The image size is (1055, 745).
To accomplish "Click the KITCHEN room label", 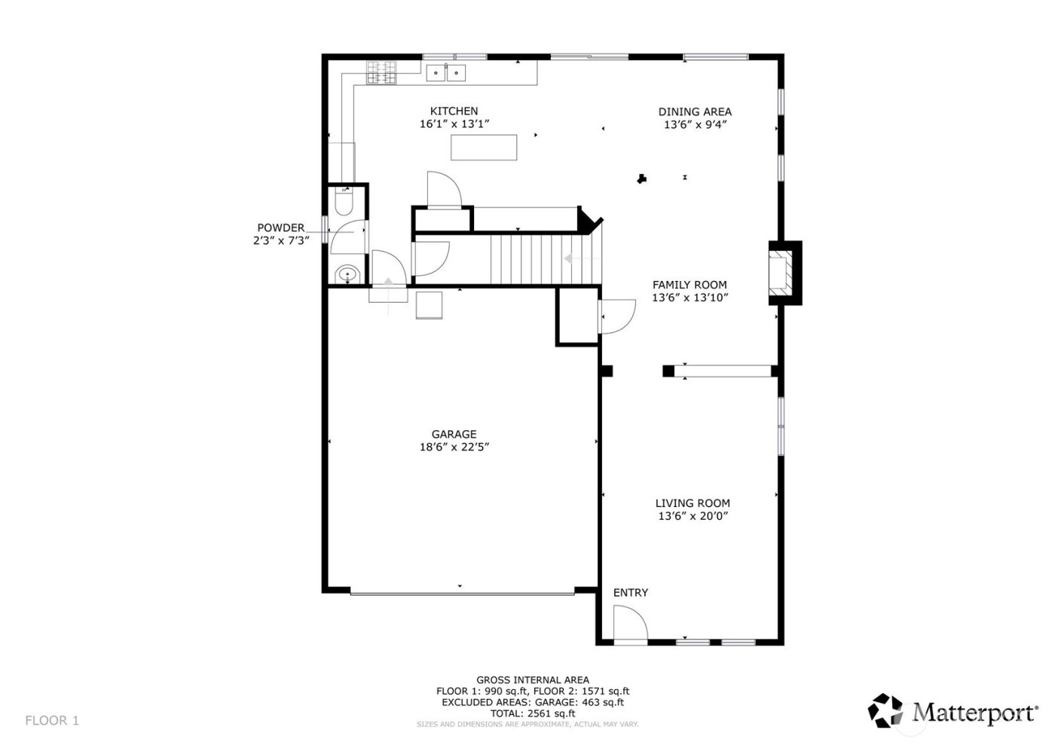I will tap(454, 111).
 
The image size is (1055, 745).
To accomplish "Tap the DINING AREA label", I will tap(695, 112).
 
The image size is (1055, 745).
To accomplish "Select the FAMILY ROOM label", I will tap(690, 285).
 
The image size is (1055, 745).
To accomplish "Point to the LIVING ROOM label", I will tap(693, 503).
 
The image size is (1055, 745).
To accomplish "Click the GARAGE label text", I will tap(454, 434).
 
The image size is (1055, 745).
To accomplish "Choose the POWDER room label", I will tap(281, 227).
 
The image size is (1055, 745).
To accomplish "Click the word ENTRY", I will tap(630, 593).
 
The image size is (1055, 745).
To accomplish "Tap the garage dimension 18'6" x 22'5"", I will tap(460, 447).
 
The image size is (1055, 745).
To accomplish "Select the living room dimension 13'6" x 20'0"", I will tap(693, 516).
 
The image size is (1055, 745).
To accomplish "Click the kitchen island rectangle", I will tap(484, 147).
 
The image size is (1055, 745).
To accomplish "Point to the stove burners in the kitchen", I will tap(381, 72).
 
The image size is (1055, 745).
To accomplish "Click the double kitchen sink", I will tap(446, 72).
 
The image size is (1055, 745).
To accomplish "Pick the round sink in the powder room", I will tap(347, 274).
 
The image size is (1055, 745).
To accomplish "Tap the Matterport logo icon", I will tap(885, 710).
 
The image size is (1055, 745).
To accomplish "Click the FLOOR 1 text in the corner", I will tap(52, 721).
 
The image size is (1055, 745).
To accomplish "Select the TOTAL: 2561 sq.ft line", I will tap(532, 713).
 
